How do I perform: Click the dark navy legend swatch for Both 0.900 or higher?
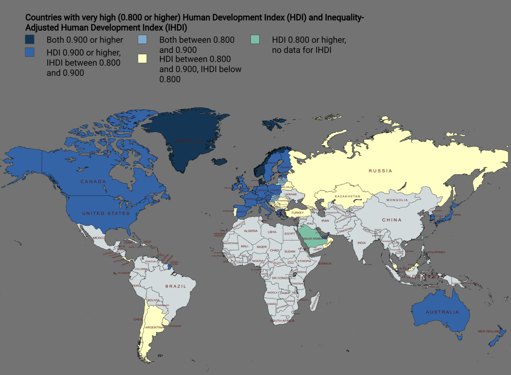pos(30,40)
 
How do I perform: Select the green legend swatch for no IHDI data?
pos(255,40)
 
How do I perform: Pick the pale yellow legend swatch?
pos(142,59)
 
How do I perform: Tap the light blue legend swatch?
pos(142,40)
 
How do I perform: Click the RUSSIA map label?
pos(380,171)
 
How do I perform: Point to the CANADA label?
pos(93,182)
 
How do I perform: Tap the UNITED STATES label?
pos(106,213)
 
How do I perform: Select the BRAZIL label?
pos(176,286)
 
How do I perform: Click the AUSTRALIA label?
pos(442,312)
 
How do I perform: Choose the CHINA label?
pos(392,220)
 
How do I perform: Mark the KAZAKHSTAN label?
pos(347,196)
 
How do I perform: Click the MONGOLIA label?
pos(397,200)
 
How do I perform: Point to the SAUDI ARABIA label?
pos(313,239)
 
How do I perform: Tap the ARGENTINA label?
pos(154,327)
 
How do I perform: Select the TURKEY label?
pos(297,213)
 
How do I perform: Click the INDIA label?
pos(362,243)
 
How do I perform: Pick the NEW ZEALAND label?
pos(489,331)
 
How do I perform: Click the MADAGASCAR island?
pos(315,302)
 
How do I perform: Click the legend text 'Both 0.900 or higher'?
pos(85,40)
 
